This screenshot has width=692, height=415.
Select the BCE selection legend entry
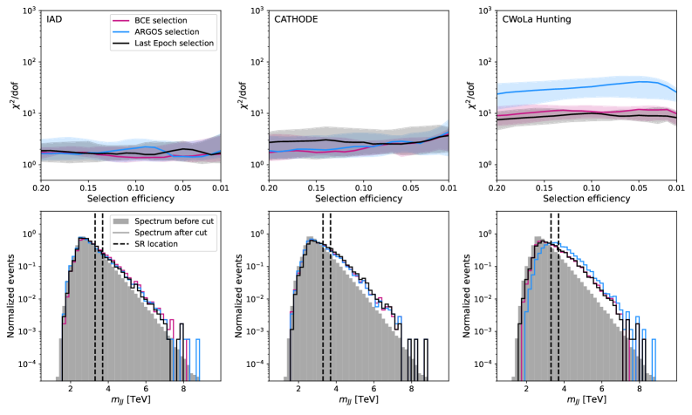click(x=172, y=18)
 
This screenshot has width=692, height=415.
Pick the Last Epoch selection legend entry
click(x=182, y=44)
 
